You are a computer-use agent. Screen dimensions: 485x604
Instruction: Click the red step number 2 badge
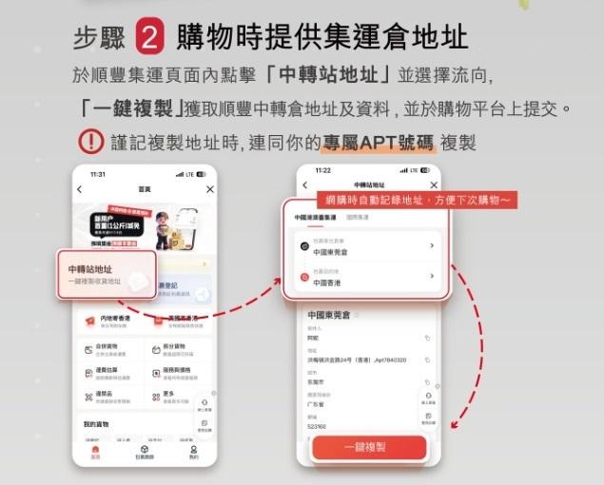click(151, 37)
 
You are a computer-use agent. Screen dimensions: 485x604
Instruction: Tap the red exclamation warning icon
click(90, 143)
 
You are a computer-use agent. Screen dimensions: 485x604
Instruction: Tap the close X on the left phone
click(210, 189)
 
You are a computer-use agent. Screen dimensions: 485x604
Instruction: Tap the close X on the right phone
click(435, 184)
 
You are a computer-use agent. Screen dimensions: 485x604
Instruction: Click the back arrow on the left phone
click(80, 189)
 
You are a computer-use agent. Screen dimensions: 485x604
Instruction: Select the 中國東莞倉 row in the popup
click(366, 247)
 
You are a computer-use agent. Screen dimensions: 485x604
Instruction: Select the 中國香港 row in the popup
click(366, 277)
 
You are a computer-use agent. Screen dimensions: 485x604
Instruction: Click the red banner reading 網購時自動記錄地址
click(419, 201)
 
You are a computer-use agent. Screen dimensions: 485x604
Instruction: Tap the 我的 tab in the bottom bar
click(194, 452)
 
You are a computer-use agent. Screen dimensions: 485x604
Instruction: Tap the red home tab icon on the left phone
click(95, 452)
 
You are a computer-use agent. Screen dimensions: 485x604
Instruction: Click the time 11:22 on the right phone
click(321, 170)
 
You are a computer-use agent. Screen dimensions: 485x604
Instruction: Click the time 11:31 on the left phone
click(98, 175)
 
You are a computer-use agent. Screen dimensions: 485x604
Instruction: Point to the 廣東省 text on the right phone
click(317, 404)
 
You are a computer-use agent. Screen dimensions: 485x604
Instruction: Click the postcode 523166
click(318, 427)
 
